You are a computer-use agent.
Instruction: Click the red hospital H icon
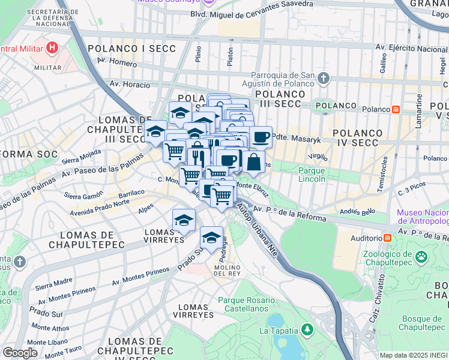(x=53, y=47)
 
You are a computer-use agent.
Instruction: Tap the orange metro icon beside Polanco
(x=396, y=109)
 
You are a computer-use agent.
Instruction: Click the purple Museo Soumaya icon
(x=207, y=2)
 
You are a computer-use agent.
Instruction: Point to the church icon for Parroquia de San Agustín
(x=324, y=78)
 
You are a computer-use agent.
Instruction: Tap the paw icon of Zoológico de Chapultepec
(x=422, y=257)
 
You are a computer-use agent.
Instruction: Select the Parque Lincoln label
(x=312, y=175)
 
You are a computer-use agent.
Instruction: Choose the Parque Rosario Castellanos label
(x=246, y=304)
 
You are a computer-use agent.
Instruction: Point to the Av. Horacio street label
(x=127, y=84)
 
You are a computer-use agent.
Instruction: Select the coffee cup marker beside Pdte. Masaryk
(x=261, y=137)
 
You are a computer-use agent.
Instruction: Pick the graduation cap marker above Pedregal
(x=211, y=238)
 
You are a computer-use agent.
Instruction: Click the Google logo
(x=20, y=353)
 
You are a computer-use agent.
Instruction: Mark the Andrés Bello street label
(x=357, y=212)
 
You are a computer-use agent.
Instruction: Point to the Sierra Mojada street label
(x=81, y=157)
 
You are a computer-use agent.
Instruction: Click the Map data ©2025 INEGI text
(x=414, y=355)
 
